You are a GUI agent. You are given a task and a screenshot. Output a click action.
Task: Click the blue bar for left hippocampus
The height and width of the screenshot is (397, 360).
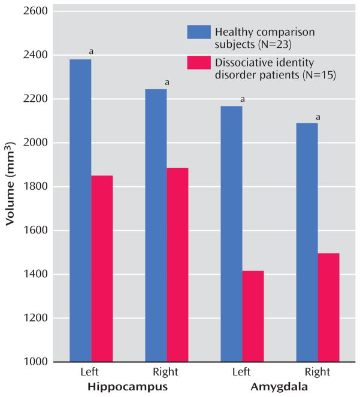coord(80,210)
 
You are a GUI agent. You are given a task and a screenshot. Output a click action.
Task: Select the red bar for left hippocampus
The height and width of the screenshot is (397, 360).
coord(102,268)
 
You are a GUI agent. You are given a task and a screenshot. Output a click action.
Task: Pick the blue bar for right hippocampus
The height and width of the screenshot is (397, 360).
coord(156,225)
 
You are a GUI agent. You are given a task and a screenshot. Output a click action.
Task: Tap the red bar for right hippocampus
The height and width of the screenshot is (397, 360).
coord(177,265)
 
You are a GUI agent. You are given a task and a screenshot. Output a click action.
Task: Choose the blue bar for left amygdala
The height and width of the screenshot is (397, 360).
coord(232,234)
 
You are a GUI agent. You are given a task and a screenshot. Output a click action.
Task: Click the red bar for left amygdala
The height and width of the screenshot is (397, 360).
coord(253,316)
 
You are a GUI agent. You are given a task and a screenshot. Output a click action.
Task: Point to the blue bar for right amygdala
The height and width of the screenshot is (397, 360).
coord(307,243)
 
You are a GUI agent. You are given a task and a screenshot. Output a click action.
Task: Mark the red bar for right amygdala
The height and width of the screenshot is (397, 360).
coord(329,307)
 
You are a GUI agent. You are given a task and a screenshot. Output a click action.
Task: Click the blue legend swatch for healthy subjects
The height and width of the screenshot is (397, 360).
coord(199,32)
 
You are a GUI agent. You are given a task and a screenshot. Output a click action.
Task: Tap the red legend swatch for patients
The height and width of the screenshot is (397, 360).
coord(199,62)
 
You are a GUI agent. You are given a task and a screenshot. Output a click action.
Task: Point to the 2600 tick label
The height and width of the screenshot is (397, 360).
coord(35,11)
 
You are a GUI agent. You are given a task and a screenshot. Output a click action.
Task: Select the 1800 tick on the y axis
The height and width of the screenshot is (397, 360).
coord(35,186)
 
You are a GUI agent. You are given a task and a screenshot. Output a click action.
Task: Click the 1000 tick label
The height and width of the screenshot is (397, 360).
coord(35,362)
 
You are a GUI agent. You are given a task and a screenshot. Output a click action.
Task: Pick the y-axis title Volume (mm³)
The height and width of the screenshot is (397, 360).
coord(10,184)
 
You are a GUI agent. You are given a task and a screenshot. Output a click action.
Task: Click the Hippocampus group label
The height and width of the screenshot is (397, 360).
coord(128,387)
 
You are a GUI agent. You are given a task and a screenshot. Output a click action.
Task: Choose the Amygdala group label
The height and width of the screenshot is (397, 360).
coord(280,387)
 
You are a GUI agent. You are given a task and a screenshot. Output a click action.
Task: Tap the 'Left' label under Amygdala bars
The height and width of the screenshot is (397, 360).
coord(241,372)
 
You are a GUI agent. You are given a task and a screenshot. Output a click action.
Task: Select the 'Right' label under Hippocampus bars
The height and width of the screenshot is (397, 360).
coord(166,372)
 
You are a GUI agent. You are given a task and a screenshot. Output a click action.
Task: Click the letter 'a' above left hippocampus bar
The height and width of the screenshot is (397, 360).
coord(91,51)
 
